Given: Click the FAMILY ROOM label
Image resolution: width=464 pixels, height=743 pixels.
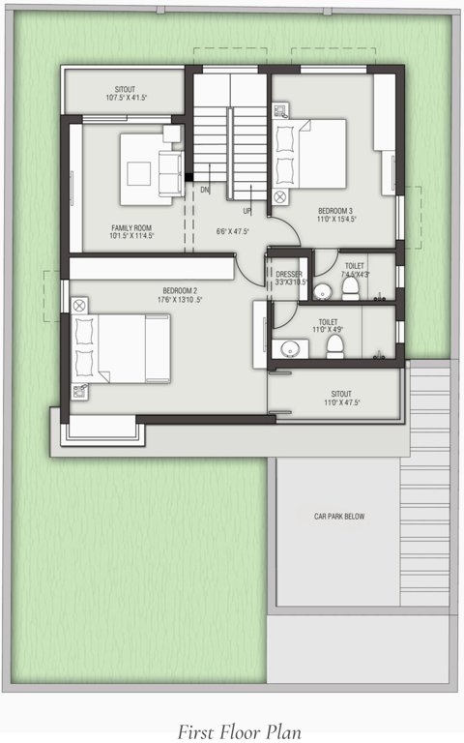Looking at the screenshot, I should pyautogui.click(x=130, y=227).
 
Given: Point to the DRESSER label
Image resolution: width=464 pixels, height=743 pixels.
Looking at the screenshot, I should pyautogui.click(x=290, y=275).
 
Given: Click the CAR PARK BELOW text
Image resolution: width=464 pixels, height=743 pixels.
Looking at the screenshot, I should pyautogui.click(x=338, y=517).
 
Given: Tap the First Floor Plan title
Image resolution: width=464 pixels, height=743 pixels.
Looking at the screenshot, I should pyautogui.click(x=232, y=730).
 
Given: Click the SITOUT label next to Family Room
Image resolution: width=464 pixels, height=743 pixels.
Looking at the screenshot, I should pyautogui.click(x=125, y=88).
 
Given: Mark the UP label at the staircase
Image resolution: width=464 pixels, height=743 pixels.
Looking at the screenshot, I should pyautogui.click(x=247, y=211).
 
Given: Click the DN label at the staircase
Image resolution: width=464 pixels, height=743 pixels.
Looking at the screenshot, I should pyautogui.click(x=204, y=190).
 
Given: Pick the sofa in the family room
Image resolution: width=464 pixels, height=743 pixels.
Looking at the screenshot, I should pyautogui.click(x=170, y=171).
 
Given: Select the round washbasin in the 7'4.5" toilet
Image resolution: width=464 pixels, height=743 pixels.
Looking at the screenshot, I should pyautogui.click(x=324, y=289).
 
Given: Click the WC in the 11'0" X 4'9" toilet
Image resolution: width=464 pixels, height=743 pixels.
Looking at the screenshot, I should pyautogui.click(x=334, y=345).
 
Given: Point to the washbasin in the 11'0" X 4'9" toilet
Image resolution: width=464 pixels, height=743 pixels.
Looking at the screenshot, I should pyautogui.click(x=287, y=347).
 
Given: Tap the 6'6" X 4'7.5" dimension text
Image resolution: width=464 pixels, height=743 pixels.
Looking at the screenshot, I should pyautogui.click(x=232, y=231).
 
